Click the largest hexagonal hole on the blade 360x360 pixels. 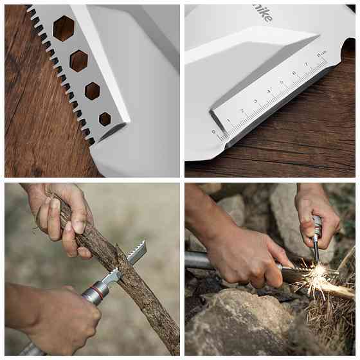pyautogui.click(x=63, y=28)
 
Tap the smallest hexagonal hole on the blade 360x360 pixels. pyautogui.click(x=105, y=118)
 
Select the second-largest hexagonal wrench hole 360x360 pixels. pyautogui.click(x=78, y=60)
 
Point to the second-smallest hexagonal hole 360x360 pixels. pyautogui.click(x=93, y=91)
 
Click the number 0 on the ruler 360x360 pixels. pyautogui.click(x=214, y=132)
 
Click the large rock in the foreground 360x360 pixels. pyautogui.click(x=244, y=331)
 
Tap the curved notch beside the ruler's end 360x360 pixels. pyautogui.click(x=347, y=48)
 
